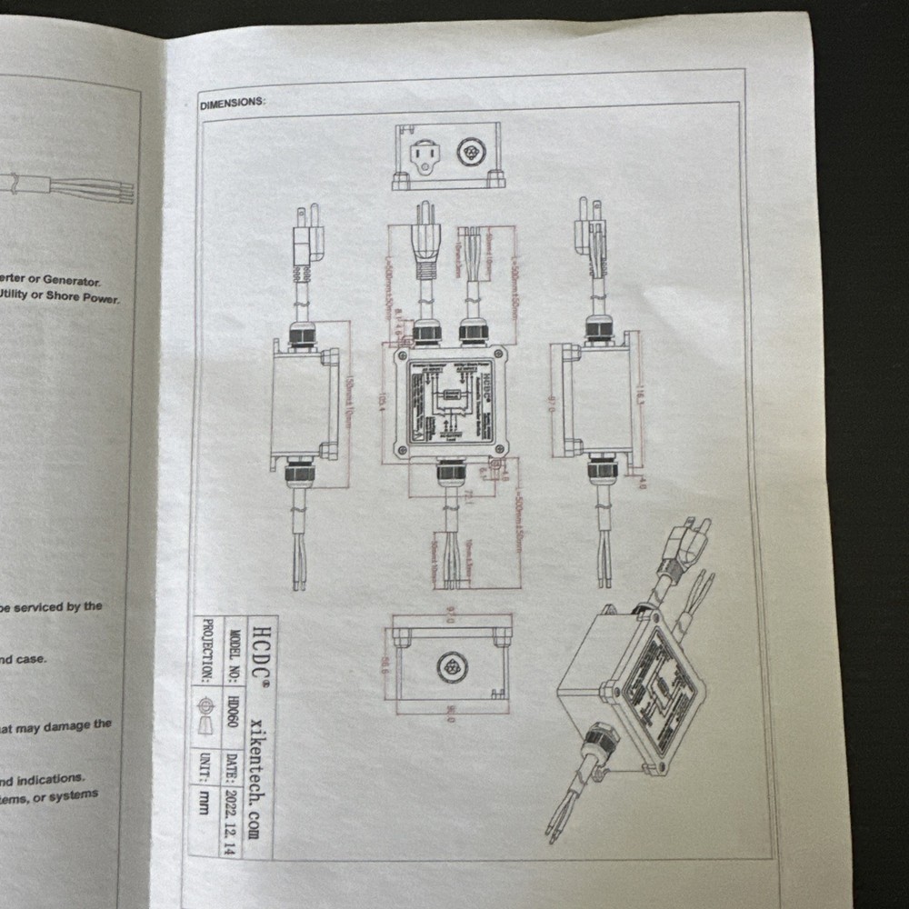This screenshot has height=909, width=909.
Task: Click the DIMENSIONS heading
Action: pos(233,103)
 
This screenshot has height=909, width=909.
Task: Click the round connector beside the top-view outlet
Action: pos(471,151)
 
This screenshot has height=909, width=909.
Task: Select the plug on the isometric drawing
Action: pos(682,541)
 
